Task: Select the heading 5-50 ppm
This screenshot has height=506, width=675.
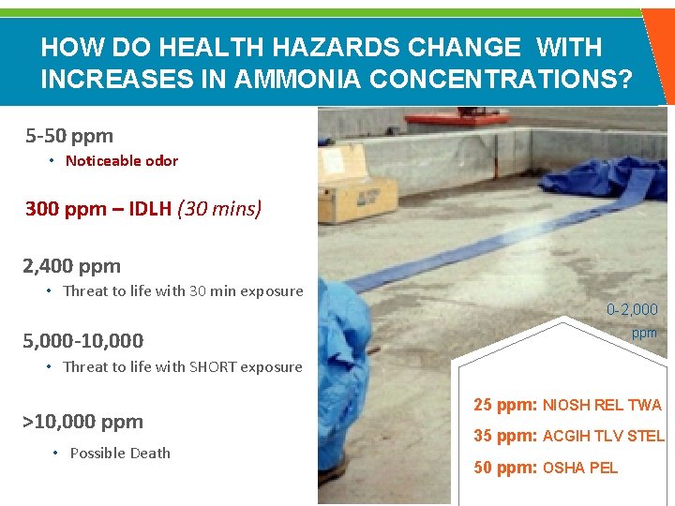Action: point(69,136)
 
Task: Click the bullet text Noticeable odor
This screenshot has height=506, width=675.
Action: point(121,160)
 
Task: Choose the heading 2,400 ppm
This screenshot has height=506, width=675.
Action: point(72,266)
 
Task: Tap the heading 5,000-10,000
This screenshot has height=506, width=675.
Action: point(83,341)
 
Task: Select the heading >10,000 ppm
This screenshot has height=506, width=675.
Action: point(82,422)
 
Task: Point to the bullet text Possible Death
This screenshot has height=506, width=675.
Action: point(120,453)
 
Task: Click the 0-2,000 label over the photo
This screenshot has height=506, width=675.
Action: point(632,309)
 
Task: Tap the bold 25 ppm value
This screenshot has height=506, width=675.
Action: point(504,406)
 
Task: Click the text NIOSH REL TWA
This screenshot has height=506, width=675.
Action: point(602,406)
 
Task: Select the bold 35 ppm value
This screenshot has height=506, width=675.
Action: point(504,436)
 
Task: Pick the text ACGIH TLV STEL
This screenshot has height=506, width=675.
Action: point(603,436)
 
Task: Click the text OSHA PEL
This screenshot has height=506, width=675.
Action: point(580,468)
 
